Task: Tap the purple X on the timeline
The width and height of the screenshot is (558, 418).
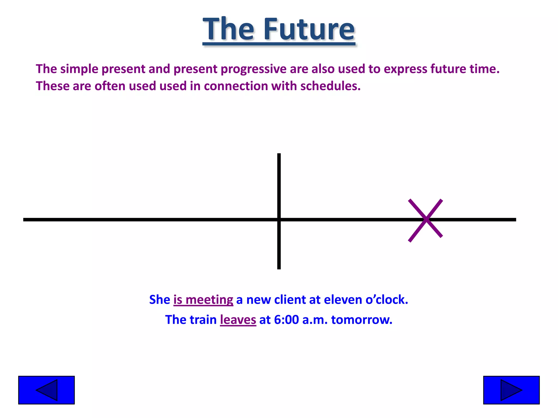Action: click(x=425, y=220)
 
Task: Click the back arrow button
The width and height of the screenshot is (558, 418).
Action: click(x=46, y=390)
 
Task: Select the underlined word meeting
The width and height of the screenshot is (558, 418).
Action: click(x=209, y=300)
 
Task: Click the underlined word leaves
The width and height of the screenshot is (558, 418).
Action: click(x=238, y=319)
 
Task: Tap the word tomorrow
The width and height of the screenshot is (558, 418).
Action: click(x=362, y=319)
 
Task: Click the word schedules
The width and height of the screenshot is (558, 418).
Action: click(x=330, y=86)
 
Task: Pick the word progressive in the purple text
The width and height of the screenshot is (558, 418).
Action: click(x=253, y=69)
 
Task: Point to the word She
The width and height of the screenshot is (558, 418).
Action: click(x=160, y=300)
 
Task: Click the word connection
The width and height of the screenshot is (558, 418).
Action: click(x=236, y=86)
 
